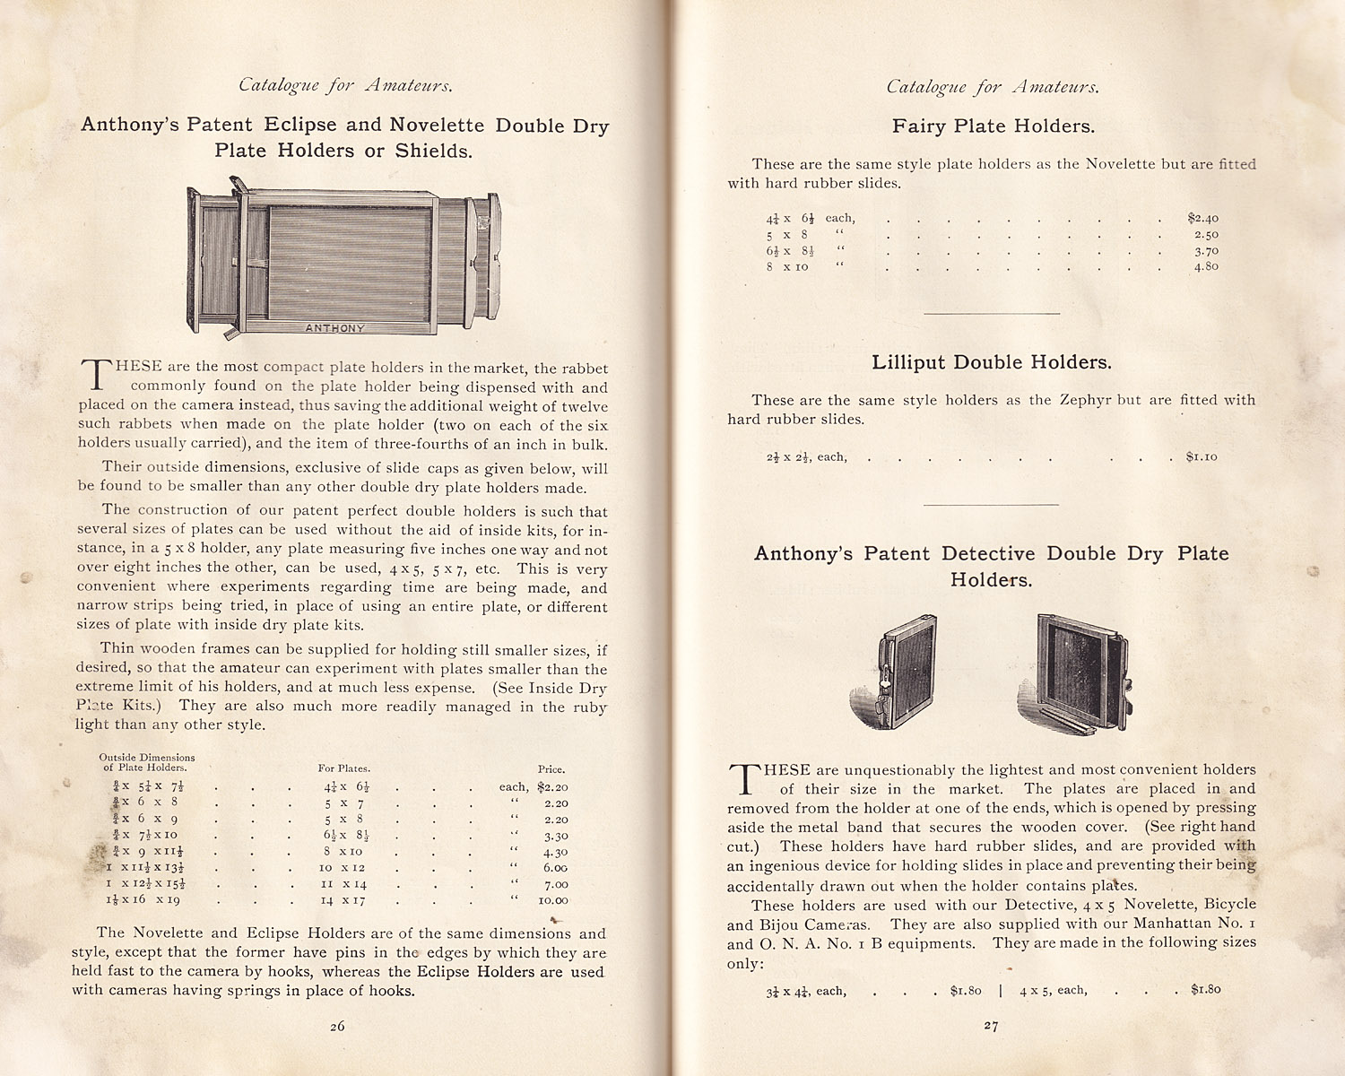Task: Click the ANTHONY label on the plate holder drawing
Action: pyautogui.click(x=335, y=328)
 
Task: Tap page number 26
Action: pyautogui.click(x=337, y=1027)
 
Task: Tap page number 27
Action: pyautogui.click(x=991, y=1026)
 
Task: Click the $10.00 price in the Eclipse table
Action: pyautogui.click(x=552, y=900)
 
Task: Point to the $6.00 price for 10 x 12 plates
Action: pyautogui.click(x=555, y=868)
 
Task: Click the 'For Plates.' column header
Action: pyautogui.click(x=343, y=768)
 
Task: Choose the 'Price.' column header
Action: pyautogui.click(x=551, y=769)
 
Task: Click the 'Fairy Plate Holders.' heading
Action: pyautogui.click(x=993, y=126)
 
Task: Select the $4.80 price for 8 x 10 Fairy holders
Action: pyautogui.click(x=1206, y=266)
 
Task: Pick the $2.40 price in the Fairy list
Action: pyautogui.click(x=1202, y=218)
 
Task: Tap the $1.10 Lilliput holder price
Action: pyautogui.click(x=1202, y=457)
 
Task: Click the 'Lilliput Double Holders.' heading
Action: pyautogui.click(x=991, y=362)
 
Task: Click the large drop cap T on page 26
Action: pyautogui.click(x=93, y=375)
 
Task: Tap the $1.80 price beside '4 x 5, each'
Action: pyautogui.click(x=1206, y=990)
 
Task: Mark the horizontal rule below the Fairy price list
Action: pyautogui.click(x=991, y=314)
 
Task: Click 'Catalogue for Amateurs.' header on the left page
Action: pyautogui.click(x=345, y=86)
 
